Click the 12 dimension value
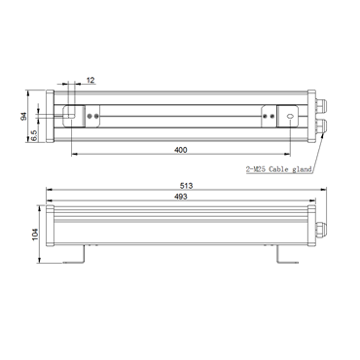pyautogui.click(x=90, y=80)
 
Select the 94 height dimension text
pyautogui.click(x=23, y=117)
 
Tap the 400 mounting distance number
pyautogui.click(x=181, y=150)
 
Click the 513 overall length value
pyautogui.click(x=187, y=186)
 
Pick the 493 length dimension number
pyautogui.click(x=181, y=197)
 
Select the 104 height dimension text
pyautogui.click(x=35, y=234)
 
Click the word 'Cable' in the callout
pyautogui.click(x=279, y=169)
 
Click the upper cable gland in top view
pyautogui.click(x=321, y=105)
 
